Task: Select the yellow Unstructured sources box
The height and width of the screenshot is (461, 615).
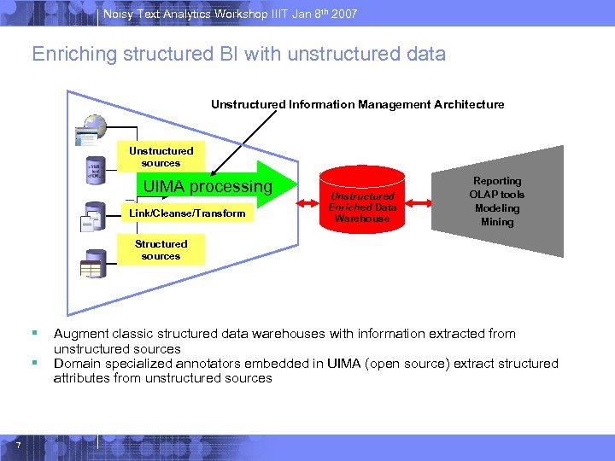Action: click(x=161, y=157)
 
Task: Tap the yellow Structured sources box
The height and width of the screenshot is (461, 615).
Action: click(x=161, y=250)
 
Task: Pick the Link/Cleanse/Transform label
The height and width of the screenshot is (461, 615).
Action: click(x=187, y=213)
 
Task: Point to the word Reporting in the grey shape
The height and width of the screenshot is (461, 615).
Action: click(x=497, y=181)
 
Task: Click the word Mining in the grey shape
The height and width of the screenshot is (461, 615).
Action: click(x=497, y=222)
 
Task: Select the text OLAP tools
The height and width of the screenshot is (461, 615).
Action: click(x=497, y=195)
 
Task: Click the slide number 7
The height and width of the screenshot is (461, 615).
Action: click(x=17, y=442)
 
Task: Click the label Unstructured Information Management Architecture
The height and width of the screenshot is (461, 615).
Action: click(x=357, y=104)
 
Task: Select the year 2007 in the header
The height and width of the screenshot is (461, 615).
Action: click(x=343, y=15)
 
